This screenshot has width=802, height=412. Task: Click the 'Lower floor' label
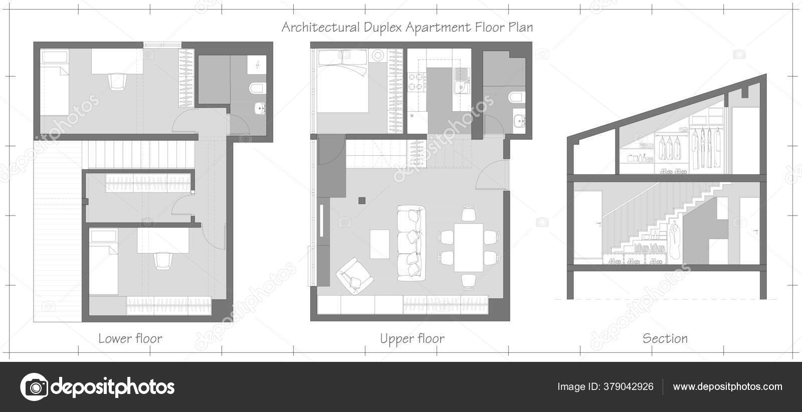pos(130,338)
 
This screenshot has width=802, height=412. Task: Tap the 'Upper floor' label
pos(412,339)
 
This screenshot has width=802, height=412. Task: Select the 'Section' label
pos(665,338)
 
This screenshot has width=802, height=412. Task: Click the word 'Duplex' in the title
pos(383,28)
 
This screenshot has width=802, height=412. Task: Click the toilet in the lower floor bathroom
pos(258,88)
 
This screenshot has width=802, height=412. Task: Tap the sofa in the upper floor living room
pos(411,243)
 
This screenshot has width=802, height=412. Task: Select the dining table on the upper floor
pos(468,247)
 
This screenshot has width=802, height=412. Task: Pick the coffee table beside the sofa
pos(379,244)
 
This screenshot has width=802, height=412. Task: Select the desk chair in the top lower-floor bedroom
pos(117,81)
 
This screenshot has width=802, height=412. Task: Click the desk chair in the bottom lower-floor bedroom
pos(163,261)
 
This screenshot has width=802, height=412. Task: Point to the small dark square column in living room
pos(362,200)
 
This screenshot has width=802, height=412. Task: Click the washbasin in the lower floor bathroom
pos(260,108)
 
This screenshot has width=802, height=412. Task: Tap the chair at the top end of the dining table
pos(468,214)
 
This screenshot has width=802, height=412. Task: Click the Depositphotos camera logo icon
pos(35,387)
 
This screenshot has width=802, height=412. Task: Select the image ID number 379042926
pos(629,386)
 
